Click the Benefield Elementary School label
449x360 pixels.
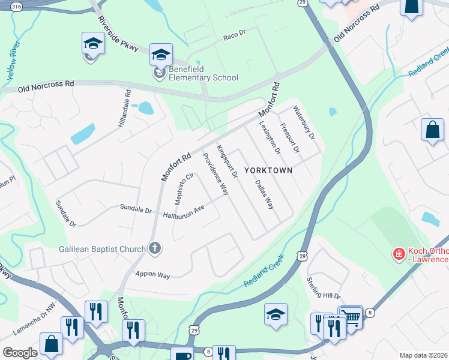(203, 73)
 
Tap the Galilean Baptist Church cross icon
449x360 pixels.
(155, 248)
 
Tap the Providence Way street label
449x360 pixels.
(215, 174)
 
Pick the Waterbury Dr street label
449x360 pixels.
(304, 122)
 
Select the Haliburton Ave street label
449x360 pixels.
(184, 211)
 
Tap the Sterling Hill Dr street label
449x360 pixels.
(324, 289)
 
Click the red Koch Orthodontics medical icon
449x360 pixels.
(397, 254)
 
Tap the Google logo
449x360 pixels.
(20, 353)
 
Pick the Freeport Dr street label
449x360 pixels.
(289, 137)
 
